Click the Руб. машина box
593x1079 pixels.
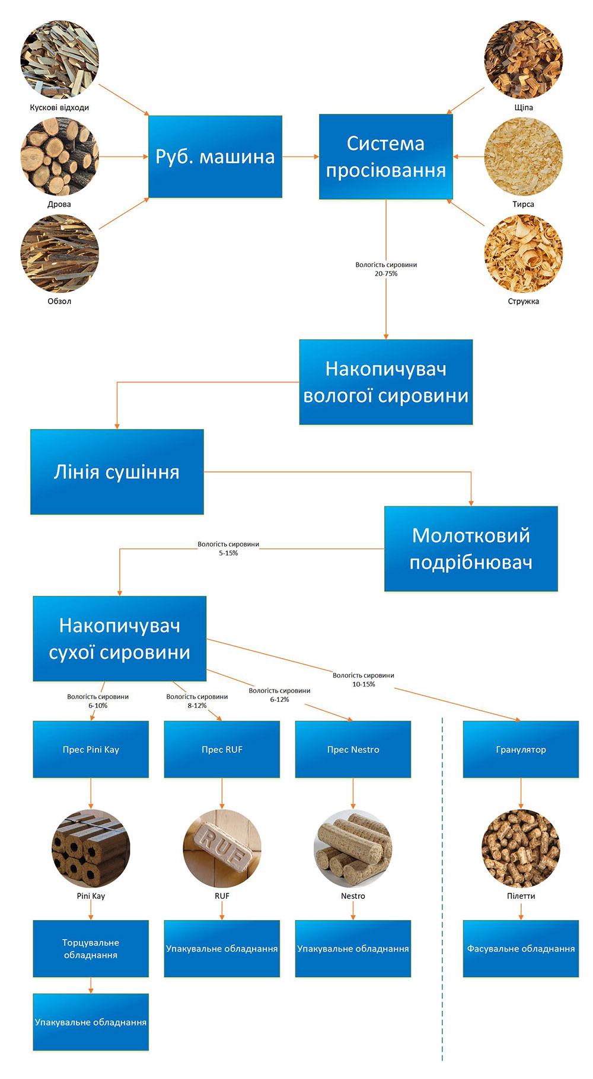coord(215,157)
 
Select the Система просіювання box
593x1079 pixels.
coord(385,157)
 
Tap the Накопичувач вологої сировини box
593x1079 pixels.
coord(385,382)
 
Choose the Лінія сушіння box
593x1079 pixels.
coord(117,472)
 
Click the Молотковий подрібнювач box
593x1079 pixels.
coord(471,548)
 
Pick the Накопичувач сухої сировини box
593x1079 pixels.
coord(119,639)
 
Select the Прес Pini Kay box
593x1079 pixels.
coord(91,749)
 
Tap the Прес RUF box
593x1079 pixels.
coord(222,749)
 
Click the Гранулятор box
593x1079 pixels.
coord(521,749)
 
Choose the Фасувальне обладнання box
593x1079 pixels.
coord(521,949)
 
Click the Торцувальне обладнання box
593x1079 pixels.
coord(91,949)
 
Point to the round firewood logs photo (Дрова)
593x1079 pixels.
coord(59,157)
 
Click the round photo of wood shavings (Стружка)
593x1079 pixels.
coord(523,254)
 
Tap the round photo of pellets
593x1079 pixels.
coord(521,848)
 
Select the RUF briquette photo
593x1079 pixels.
coord(222,848)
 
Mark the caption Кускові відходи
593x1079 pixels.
coord(59,107)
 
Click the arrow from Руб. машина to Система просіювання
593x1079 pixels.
coord(301,157)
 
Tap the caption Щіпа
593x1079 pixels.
coord(524,107)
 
